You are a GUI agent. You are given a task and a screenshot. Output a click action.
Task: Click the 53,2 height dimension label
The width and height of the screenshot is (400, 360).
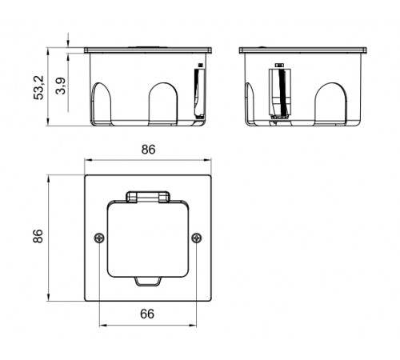(x=38, y=88)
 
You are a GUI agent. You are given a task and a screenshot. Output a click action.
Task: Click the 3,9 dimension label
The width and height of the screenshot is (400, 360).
(x=61, y=86)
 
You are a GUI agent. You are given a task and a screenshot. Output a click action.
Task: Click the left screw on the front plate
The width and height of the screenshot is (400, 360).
(x=99, y=238)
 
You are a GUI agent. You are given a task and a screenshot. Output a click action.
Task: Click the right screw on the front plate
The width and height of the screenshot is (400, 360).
(x=197, y=238)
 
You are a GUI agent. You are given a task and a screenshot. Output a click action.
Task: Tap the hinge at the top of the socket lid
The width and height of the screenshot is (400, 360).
(x=148, y=197)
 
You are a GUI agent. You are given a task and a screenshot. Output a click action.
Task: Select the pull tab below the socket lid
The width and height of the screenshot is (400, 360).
(x=148, y=282)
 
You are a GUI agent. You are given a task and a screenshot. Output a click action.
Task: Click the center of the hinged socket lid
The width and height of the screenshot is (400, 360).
(x=148, y=238)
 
